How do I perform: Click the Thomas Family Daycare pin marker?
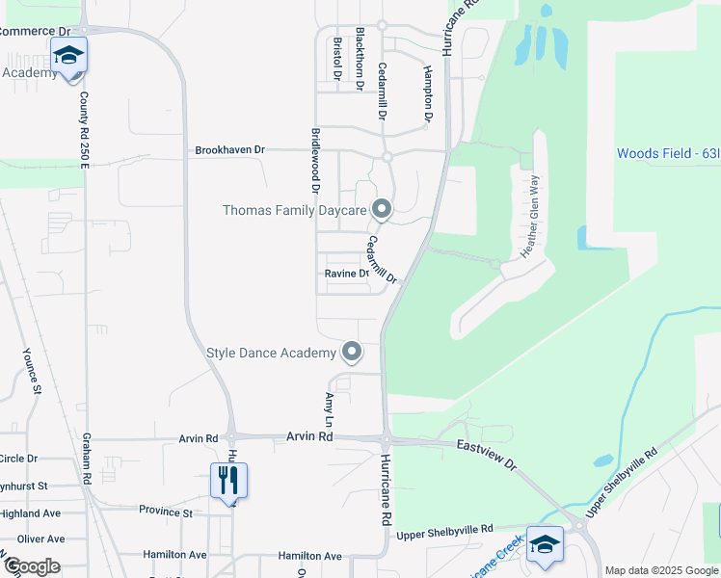382,209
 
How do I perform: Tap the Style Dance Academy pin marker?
352,353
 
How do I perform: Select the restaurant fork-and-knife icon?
228,480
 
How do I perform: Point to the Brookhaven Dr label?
229,150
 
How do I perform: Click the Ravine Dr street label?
347,274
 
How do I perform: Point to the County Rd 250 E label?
85,130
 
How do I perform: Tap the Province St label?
167,511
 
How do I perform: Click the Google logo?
32,566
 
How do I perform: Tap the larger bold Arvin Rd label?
309,437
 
